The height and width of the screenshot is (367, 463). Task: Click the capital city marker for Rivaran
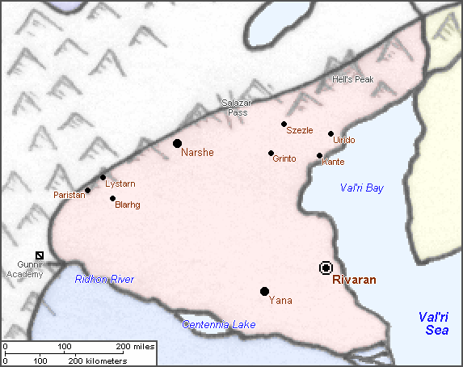click(x=326, y=268)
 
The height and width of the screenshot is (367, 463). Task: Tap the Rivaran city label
click(x=354, y=281)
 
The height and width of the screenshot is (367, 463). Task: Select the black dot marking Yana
click(x=264, y=291)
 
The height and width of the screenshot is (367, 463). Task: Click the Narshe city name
click(x=197, y=152)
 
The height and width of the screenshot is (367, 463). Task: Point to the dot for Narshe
click(x=177, y=143)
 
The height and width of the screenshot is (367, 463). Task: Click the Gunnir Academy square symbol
click(x=40, y=255)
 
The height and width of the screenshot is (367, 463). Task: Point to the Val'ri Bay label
click(x=361, y=188)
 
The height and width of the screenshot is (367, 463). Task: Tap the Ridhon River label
click(x=104, y=279)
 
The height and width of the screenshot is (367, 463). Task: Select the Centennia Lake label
click(x=218, y=324)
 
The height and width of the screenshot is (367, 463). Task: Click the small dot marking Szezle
click(x=284, y=124)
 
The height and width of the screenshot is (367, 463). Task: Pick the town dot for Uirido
click(x=331, y=133)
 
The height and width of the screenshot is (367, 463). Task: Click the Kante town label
click(x=333, y=162)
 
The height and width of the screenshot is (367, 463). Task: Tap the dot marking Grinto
click(x=271, y=153)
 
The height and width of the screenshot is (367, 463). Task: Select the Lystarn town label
click(x=120, y=183)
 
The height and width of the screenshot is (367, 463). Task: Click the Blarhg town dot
click(x=112, y=198)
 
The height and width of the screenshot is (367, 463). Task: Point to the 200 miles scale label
click(x=136, y=346)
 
